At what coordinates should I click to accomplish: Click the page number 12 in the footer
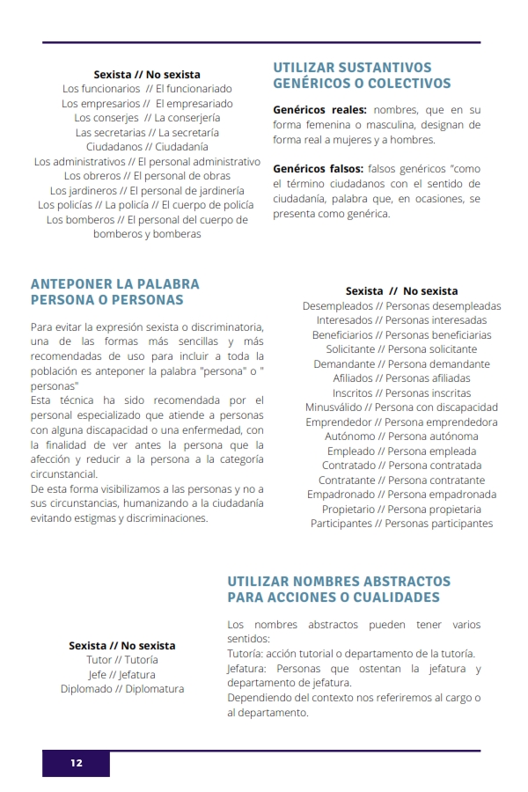click(77, 763)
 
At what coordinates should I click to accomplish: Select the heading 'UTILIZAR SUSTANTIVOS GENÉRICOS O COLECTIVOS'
click(362, 76)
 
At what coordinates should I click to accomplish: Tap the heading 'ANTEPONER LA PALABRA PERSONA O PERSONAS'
click(115, 292)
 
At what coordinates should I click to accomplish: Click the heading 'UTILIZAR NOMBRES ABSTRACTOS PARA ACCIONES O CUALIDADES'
click(339, 590)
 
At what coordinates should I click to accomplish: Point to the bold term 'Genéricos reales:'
click(319, 111)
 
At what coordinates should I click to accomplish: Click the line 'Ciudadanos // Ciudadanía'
click(147, 147)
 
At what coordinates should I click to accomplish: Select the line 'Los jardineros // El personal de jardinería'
click(147, 190)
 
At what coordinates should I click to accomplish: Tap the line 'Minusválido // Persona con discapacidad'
click(401, 407)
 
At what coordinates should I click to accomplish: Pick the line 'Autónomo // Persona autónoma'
click(401, 436)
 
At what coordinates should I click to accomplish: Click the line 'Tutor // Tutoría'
click(122, 660)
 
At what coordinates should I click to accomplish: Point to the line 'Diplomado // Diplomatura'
click(122, 689)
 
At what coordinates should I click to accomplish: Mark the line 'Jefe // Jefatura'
click(122, 675)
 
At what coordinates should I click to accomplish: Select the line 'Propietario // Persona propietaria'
click(401, 510)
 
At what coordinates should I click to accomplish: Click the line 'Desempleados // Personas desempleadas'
click(401, 306)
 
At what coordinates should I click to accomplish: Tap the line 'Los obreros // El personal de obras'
click(147, 176)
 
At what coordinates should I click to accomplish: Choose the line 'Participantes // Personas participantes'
click(401, 524)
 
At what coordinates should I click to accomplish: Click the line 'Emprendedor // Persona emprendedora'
click(401, 422)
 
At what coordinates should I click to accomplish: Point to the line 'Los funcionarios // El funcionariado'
click(147, 89)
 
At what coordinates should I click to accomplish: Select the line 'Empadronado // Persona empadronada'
click(401, 495)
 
